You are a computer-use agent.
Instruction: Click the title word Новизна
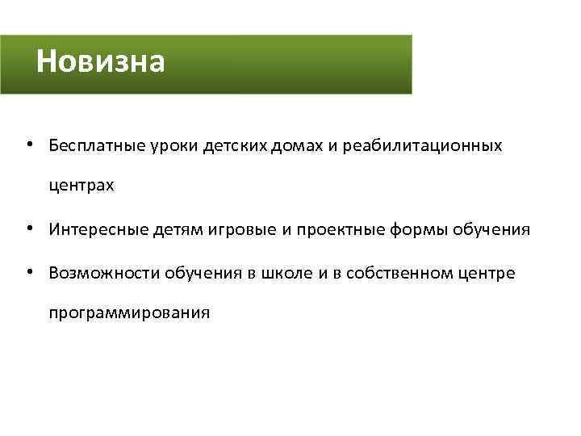(x=101, y=61)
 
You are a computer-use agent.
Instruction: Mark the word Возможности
(x=104, y=273)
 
